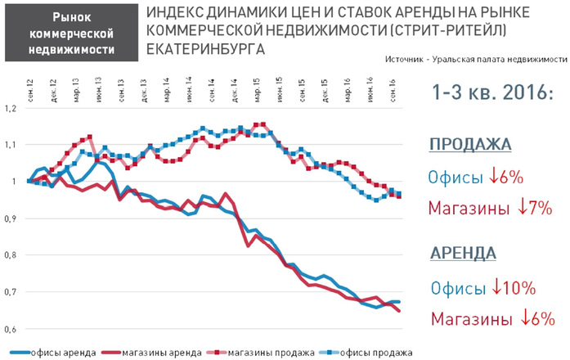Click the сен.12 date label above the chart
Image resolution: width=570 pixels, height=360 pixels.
tap(30, 84)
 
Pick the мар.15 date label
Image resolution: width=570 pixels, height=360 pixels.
tap(257, 86)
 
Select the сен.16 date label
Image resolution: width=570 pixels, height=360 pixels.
tap(393, 86)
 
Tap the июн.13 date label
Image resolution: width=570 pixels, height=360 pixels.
tap(99, 86)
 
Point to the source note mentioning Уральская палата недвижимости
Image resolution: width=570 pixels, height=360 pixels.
tap(474, 61)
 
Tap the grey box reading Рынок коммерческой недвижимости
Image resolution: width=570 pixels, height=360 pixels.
tap(71, 33)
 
